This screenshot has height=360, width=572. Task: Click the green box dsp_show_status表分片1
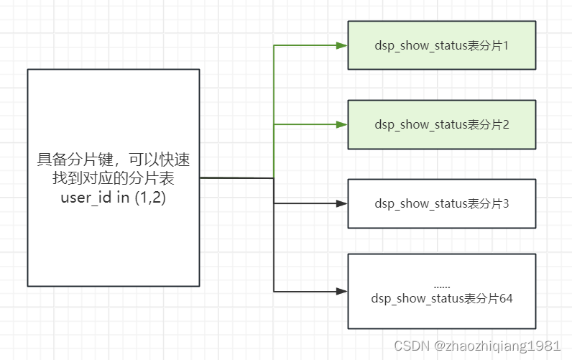[x=441, y=45]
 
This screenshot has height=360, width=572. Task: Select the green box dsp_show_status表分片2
[x=441, y=124]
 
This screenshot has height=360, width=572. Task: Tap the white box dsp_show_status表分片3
[x=441, y=203]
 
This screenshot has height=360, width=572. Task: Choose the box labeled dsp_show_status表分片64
[x=441, y=290]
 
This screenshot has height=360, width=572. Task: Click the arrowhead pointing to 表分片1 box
[x=342, y=45]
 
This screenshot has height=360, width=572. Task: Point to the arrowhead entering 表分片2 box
[x=342, y=124]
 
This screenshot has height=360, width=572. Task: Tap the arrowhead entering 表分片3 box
[x=342, y=203]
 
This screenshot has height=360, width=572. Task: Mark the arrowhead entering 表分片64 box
[x=342, y=291]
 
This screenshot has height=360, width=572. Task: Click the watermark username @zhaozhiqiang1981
[x=497, y=346]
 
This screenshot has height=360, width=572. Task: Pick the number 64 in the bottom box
[x=506, y=297]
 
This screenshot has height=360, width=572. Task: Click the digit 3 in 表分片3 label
[x=506, y=203]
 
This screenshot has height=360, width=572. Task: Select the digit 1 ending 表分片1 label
[x=506, y=45]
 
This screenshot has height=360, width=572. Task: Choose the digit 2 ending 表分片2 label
[x=506, y=124]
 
